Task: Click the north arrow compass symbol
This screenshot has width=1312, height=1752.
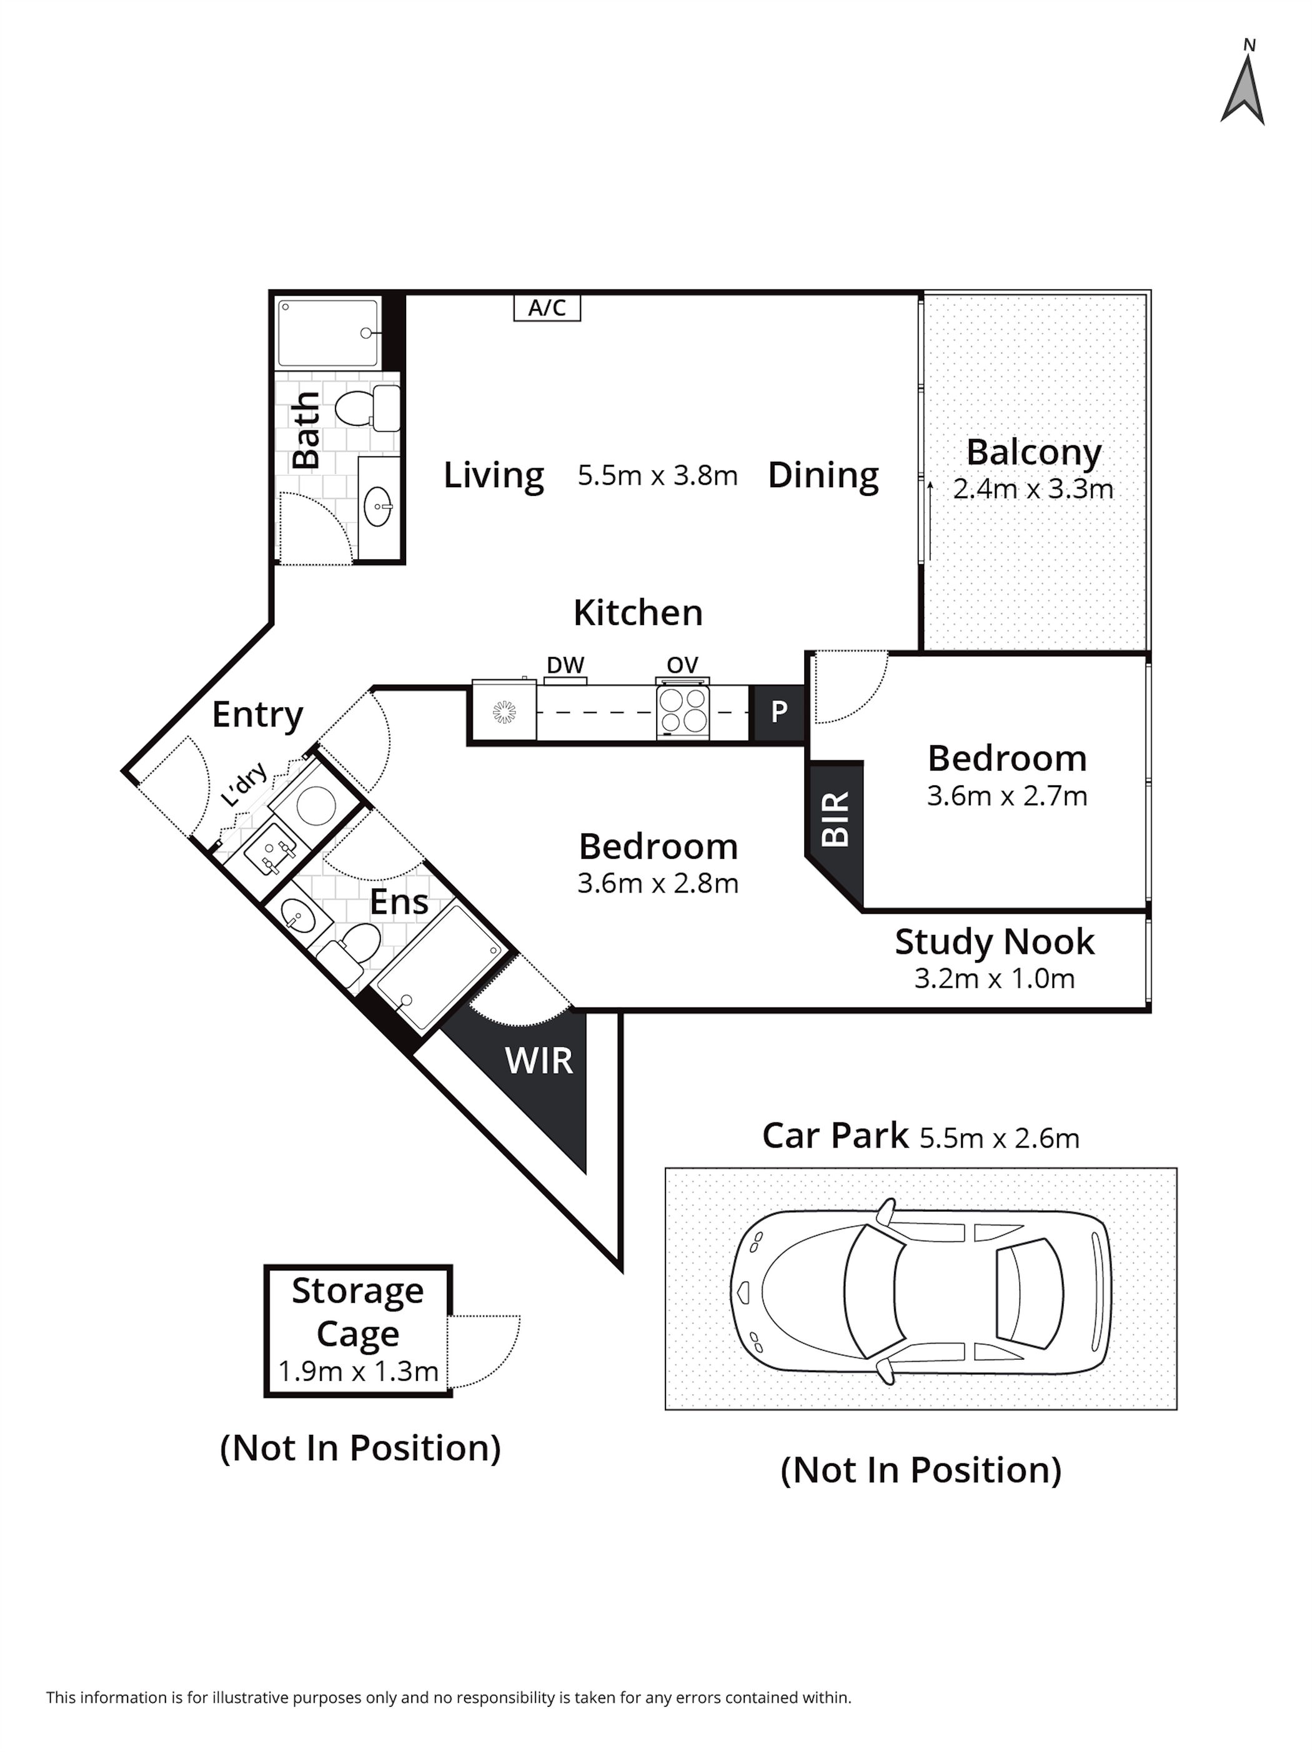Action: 1241,91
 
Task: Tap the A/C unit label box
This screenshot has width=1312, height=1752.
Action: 547,307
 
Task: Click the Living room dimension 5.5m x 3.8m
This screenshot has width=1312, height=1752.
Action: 658,475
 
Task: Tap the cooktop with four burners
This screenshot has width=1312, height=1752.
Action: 683,710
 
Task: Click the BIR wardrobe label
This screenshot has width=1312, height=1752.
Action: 836,819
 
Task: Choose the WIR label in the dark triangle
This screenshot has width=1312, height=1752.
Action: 538,1061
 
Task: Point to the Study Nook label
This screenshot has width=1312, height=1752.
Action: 994,942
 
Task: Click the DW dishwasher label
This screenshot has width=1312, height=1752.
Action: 565,665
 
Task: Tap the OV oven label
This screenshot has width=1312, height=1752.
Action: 682,665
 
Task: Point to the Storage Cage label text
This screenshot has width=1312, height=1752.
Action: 357,1312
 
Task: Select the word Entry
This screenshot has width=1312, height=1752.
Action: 257,715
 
